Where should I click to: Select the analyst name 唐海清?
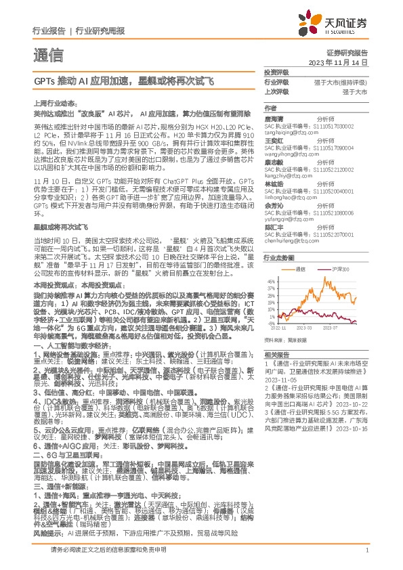274,118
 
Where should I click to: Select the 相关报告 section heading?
277,354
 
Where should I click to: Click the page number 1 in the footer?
366,560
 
